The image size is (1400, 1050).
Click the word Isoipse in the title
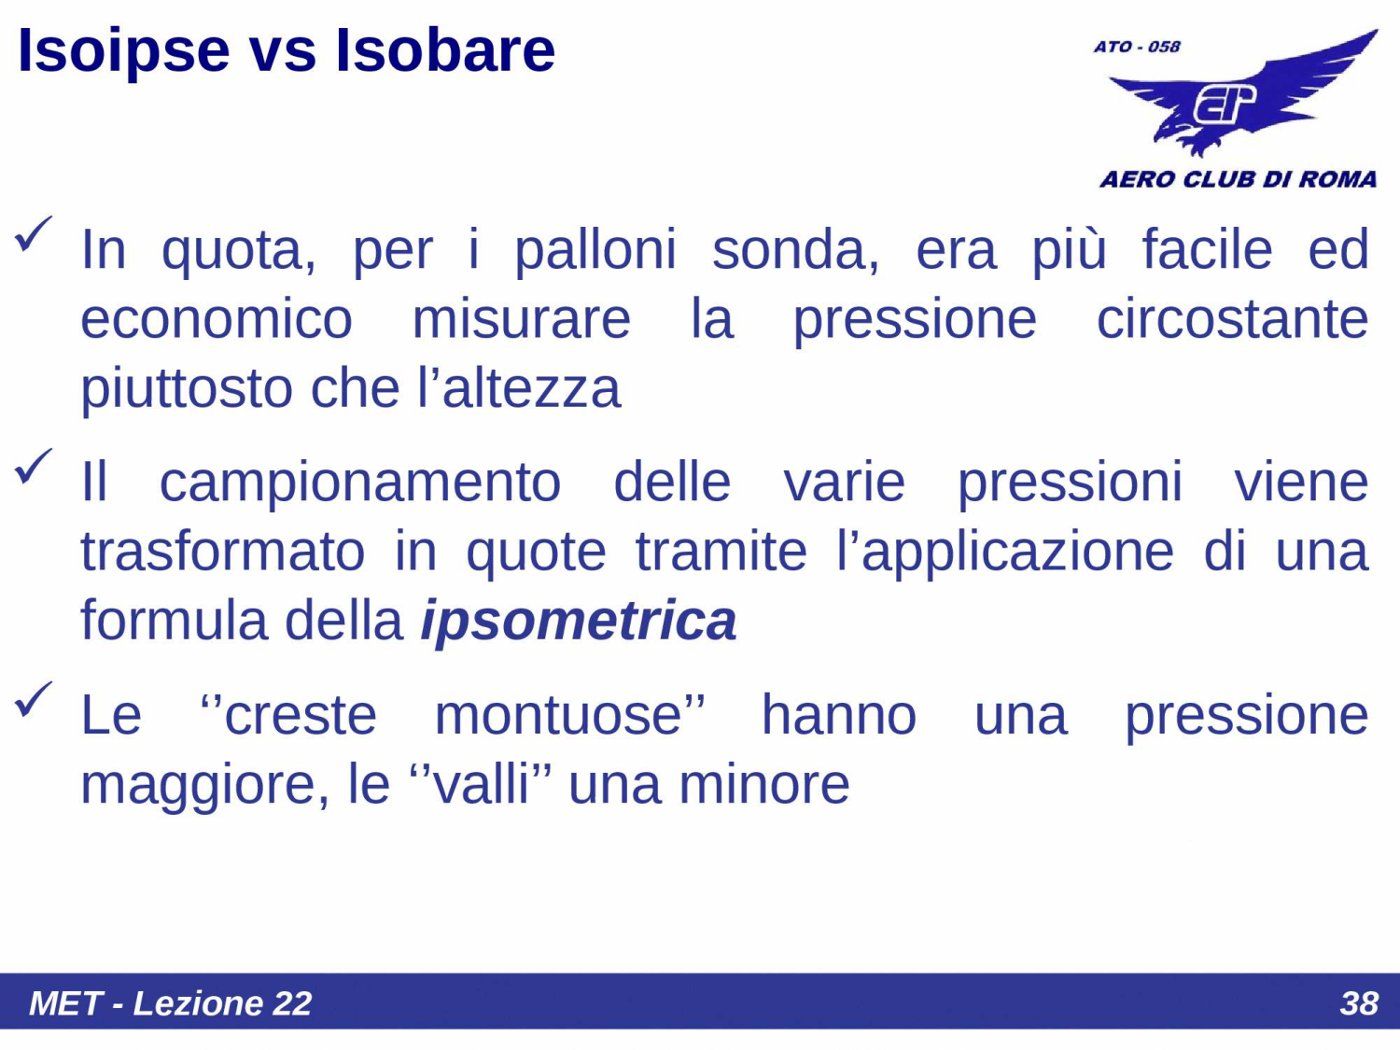click(123, 50)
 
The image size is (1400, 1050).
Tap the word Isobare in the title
click(445, 50)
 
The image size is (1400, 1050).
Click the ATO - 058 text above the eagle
click(1137, 47)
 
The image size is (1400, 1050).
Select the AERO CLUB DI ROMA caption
click(1238, 179)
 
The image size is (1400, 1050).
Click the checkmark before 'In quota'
click(34, 234)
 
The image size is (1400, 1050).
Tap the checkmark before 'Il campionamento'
click(34, 467)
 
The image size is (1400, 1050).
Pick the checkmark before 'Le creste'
click(34, 700)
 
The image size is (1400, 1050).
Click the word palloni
click(595, 250)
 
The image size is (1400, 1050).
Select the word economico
click(217, 319)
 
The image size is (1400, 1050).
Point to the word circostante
click(1232, 319)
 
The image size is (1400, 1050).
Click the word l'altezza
click(519, 388)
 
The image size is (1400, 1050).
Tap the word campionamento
click(360, 483)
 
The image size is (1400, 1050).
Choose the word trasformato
click(223, 552)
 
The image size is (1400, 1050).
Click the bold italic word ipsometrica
click(579, 621)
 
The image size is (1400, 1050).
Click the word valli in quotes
click(482, 785)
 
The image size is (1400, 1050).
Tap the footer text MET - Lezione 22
click(170, 1003)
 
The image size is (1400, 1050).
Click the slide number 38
click(1358, 1003)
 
